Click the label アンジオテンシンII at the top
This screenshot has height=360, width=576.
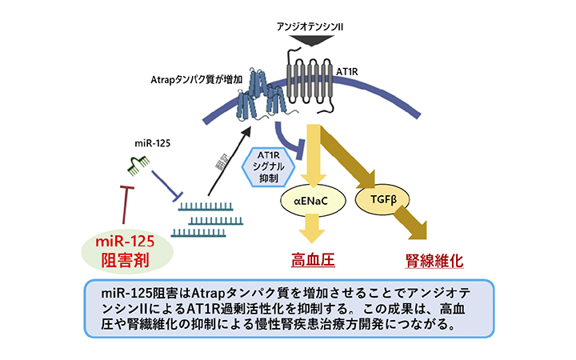tap(310, 25)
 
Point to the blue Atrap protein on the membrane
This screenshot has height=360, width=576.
tap(263, 95)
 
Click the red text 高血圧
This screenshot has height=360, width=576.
tap(311, 260)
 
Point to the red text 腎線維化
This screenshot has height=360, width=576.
tap(435, 261)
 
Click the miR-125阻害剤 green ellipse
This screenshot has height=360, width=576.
tap(129, 250)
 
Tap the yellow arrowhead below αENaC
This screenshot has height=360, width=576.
tap(310, 234)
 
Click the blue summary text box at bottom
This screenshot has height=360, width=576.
tap(288, 306)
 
